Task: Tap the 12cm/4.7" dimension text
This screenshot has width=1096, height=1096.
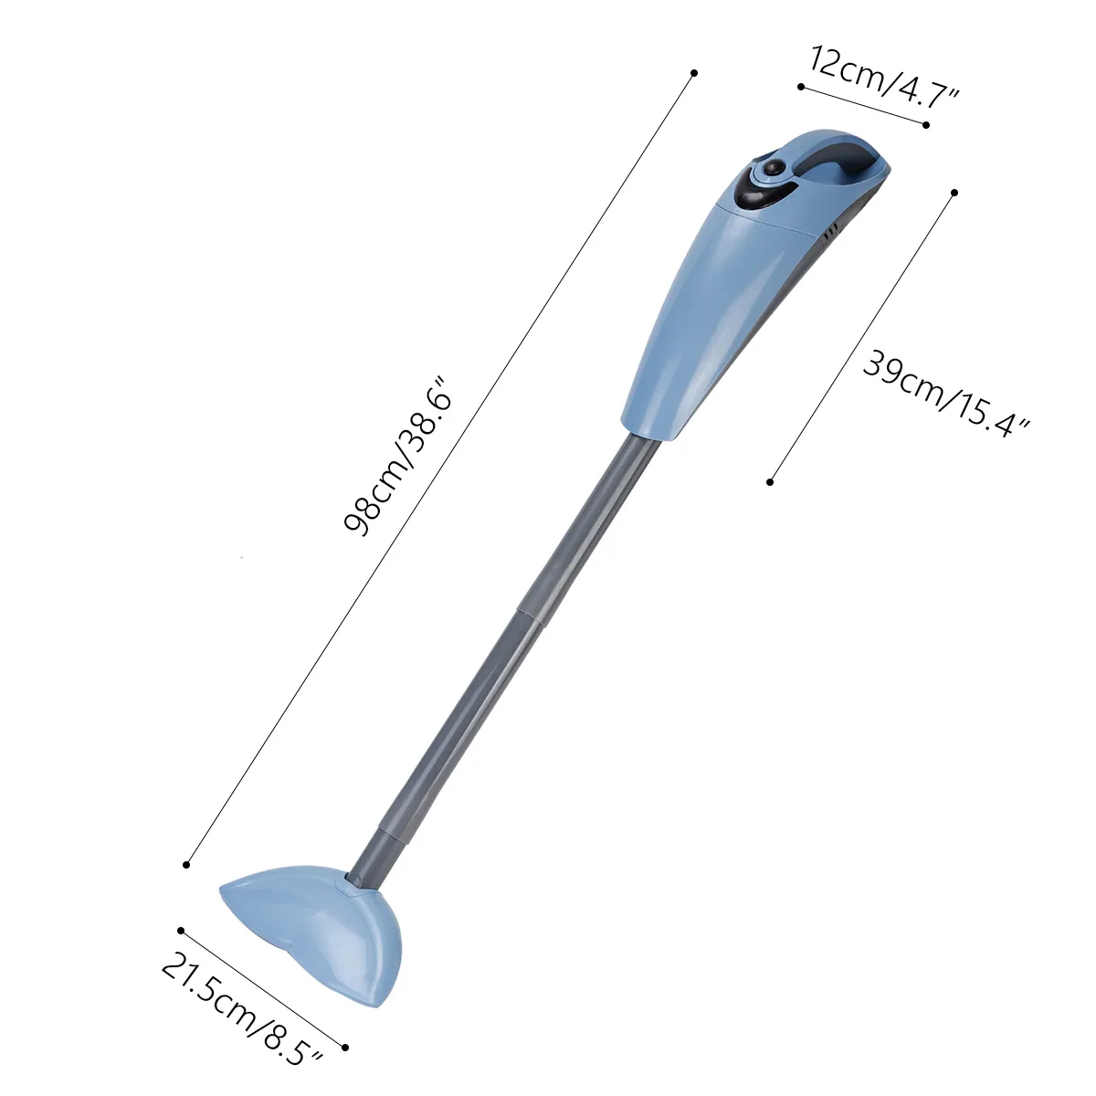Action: coord(883,78)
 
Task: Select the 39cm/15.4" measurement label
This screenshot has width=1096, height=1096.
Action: coord(946,395)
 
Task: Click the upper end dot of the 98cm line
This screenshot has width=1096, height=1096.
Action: coord(694,73)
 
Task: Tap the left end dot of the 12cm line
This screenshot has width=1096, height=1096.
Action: coord(801,87)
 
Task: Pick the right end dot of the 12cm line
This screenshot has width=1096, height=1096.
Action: coord(926,125)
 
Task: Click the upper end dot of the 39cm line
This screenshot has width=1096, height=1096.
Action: coord(954,193)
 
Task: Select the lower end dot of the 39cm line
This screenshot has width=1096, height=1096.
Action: coord(770,482)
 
